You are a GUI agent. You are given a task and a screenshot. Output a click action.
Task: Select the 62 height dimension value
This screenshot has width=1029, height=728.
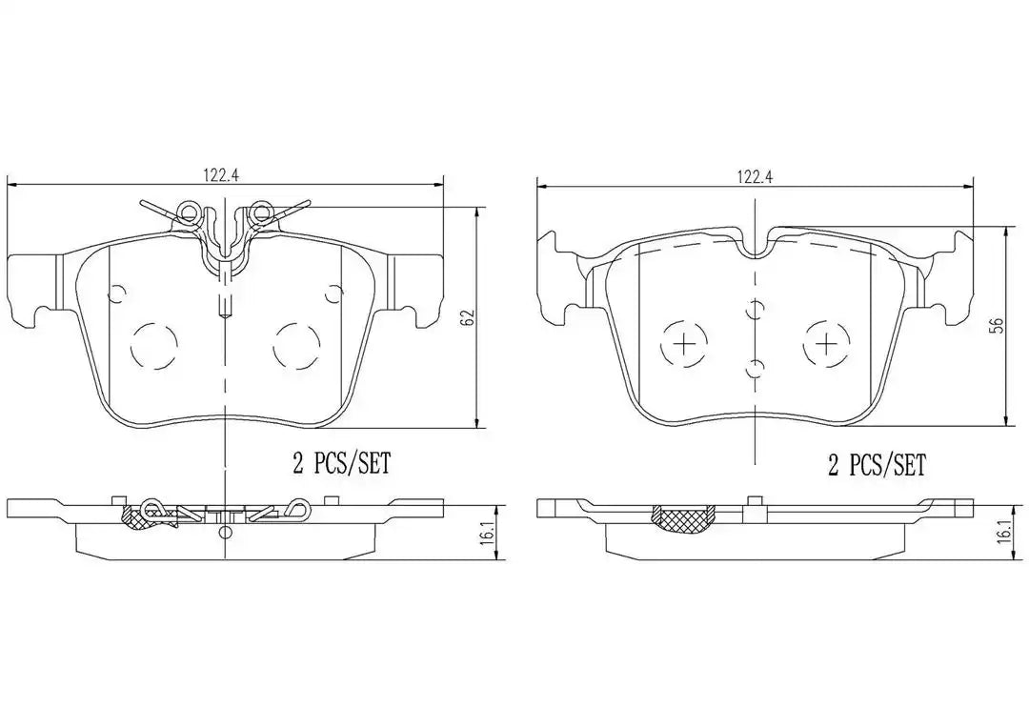[467, 317]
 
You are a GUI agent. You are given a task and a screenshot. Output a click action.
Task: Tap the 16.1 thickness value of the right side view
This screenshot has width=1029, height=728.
[1003, 531]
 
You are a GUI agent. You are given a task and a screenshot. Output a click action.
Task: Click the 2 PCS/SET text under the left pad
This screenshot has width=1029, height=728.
[341, 464]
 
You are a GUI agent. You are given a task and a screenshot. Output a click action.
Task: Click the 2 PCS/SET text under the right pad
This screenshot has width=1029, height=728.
[876, 465]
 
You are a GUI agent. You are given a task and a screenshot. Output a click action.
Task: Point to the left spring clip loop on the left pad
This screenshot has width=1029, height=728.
[189, 212]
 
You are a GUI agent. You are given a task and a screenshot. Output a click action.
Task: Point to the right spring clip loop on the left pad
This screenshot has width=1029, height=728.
[260, 212]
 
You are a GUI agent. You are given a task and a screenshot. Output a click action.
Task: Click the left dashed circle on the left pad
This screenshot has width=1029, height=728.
[154, 347]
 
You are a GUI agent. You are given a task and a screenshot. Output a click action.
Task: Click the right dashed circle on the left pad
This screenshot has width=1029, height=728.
[296, 347]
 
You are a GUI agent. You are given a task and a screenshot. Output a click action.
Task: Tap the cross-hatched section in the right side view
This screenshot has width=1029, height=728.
[682, 518]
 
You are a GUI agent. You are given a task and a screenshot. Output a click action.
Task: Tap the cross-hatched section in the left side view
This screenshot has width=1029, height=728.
[133, 517]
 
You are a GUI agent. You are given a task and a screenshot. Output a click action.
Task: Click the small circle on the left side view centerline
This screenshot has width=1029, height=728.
[225, 532]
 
